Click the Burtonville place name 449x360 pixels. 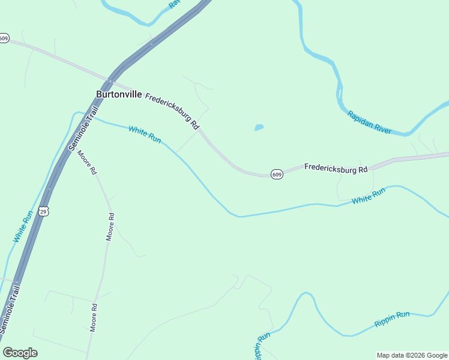(x=119, y=94)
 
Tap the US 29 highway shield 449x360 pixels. (x=43, y=211)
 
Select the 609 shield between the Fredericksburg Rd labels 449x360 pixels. (x=276, y=174)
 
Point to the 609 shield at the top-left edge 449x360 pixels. (x=4, y=38)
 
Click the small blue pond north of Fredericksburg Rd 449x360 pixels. (x=259, y=128)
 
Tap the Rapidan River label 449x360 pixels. (x=369, y=122)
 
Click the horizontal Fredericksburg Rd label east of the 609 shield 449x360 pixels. (x=336, y=169)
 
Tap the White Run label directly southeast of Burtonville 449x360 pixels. (x=145, y=134)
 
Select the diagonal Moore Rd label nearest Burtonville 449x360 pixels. (x=86, y=161)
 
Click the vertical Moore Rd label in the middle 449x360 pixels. (x=110, y=226)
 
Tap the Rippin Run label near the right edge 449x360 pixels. (x=391, y=319)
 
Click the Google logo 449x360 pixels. (x=20, y=353)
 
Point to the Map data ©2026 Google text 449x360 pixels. (x=412, y=355)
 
